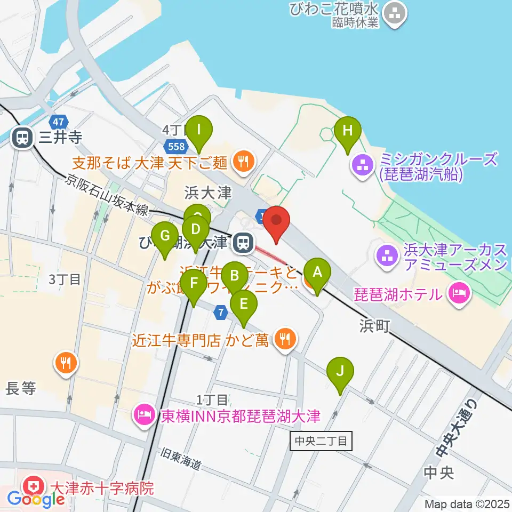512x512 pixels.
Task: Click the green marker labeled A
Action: [x=317, y=273]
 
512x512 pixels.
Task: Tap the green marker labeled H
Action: [x=348, y=131]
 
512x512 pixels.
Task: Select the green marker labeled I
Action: [x=199, y=130]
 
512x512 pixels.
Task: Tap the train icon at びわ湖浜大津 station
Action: [x=243, y=243]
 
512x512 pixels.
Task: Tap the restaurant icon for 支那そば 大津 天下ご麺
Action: [x=244, y=161]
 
